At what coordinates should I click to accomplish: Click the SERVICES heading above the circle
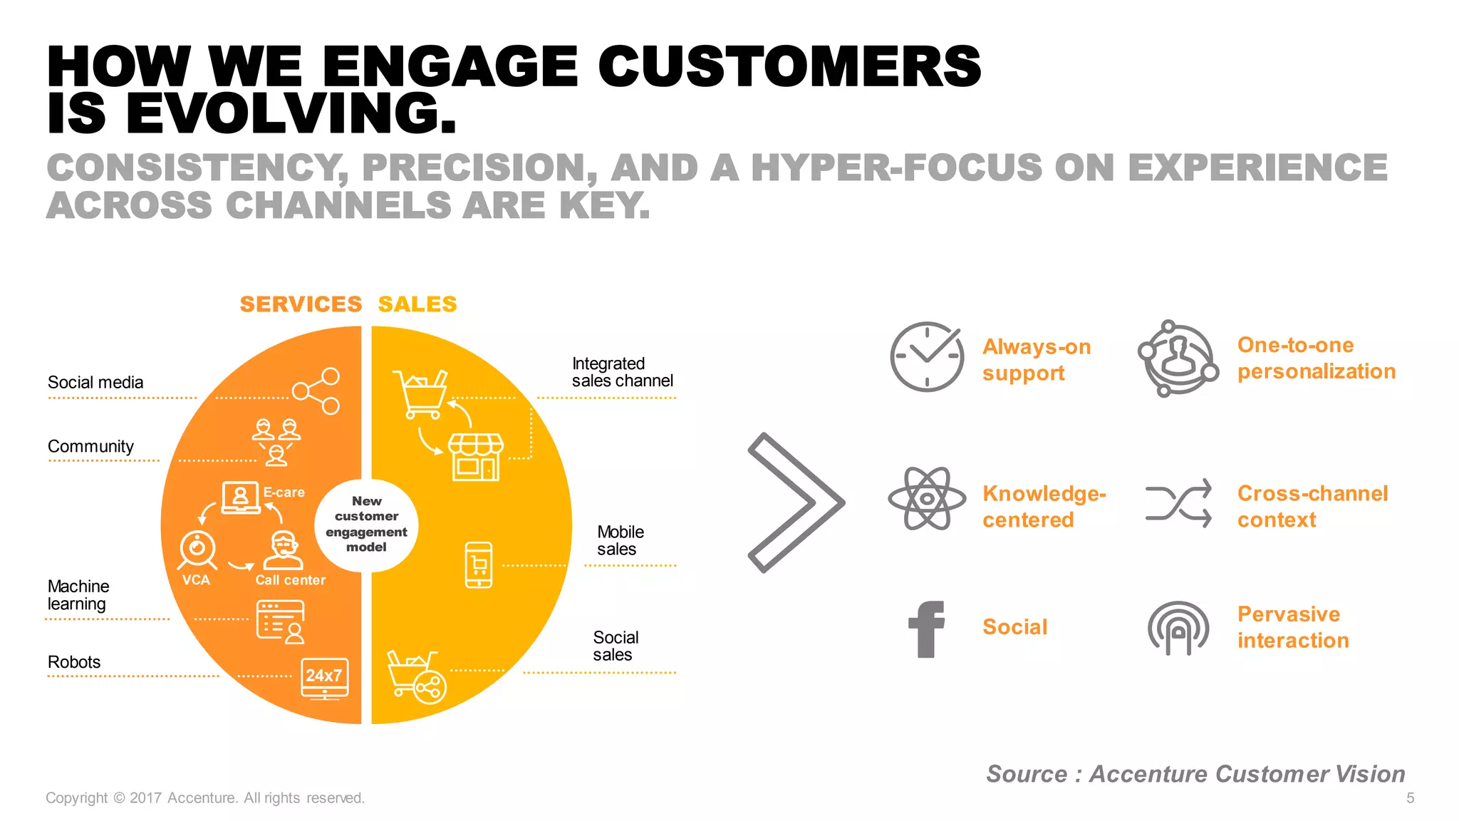(x=301, y=304)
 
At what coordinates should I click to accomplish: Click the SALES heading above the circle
(x=417, y=304)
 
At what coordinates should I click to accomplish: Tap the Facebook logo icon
(x=927, y=629)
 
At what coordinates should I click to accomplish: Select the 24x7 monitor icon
(x=325, y=678)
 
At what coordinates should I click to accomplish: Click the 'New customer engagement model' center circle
(x=366, y=525)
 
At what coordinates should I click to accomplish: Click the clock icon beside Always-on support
(x=927, y=356)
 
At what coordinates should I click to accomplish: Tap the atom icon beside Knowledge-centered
(x=927, y=499)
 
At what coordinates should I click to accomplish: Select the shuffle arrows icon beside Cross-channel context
(x=1178, y=503)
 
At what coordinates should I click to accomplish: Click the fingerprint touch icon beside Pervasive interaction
(x=1178, y=628)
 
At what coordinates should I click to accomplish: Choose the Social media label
(x=95, y=383)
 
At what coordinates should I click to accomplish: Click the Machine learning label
(x=78, y=595)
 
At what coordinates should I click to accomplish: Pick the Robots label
(x=74, y=662)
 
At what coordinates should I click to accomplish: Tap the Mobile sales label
(x=620, y=541)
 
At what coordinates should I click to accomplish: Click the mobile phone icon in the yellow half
(x=479, y=565)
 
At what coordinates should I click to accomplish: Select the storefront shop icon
(x=476, y=457)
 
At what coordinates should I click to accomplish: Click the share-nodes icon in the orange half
(x=317, y=391)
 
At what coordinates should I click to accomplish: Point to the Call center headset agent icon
(x=284, y=551)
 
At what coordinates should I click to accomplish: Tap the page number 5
(x=1410, y=798)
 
